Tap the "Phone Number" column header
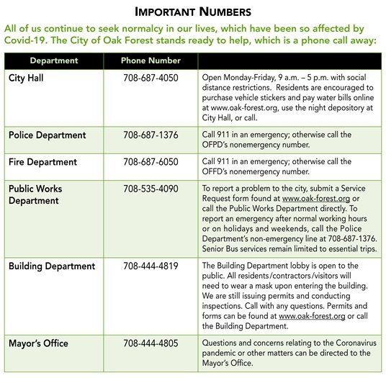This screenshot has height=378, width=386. click(151, 60)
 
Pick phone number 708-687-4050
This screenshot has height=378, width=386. click(151, 76)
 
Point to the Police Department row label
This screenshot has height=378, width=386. click(47, 135)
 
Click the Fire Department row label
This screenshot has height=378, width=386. click(42, 162)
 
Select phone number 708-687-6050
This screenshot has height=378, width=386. click(151, 162)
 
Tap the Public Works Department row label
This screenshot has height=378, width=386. click(35, 195)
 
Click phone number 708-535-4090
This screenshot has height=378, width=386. click(151, 189)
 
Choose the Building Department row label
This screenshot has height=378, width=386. click(51, 266)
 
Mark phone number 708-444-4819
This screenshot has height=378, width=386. click(151, 266)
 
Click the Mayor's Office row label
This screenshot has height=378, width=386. click(38, 343)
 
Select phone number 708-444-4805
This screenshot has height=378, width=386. click(151, 343)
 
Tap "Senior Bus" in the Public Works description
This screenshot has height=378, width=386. click(224, 249)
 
